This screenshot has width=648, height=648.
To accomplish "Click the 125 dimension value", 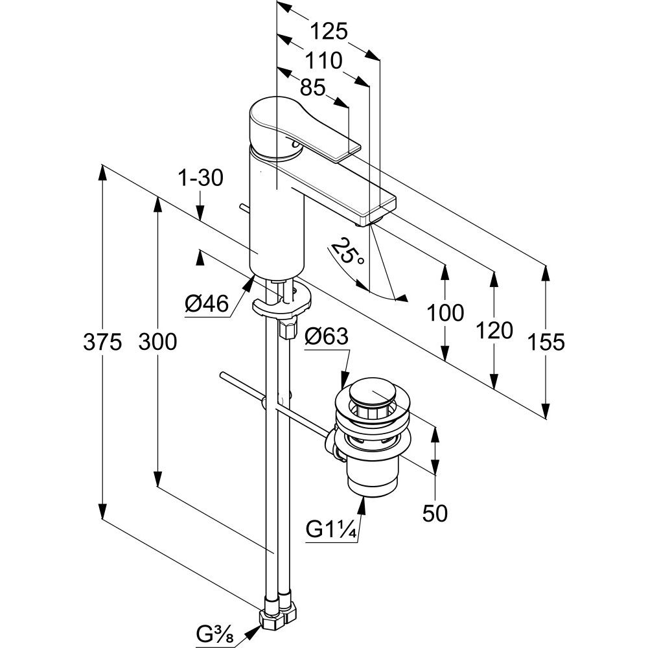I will click(329, 30).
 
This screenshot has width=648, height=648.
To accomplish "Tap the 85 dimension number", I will click(312, 87).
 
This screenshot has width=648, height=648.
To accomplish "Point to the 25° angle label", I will click(348, 252).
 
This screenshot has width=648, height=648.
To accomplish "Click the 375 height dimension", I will click(102, 341).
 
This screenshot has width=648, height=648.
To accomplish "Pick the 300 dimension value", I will click(157, 341).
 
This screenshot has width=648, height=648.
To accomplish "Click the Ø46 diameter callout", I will click(207, 303).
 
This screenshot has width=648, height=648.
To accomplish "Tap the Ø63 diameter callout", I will click(326, 337).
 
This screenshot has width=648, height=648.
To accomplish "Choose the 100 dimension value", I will click(445, 312).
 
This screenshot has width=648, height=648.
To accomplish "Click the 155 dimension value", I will click(546, 341).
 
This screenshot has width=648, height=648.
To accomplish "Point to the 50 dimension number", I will click(435, 513).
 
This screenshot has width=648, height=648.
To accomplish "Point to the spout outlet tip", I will click(366, 222).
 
